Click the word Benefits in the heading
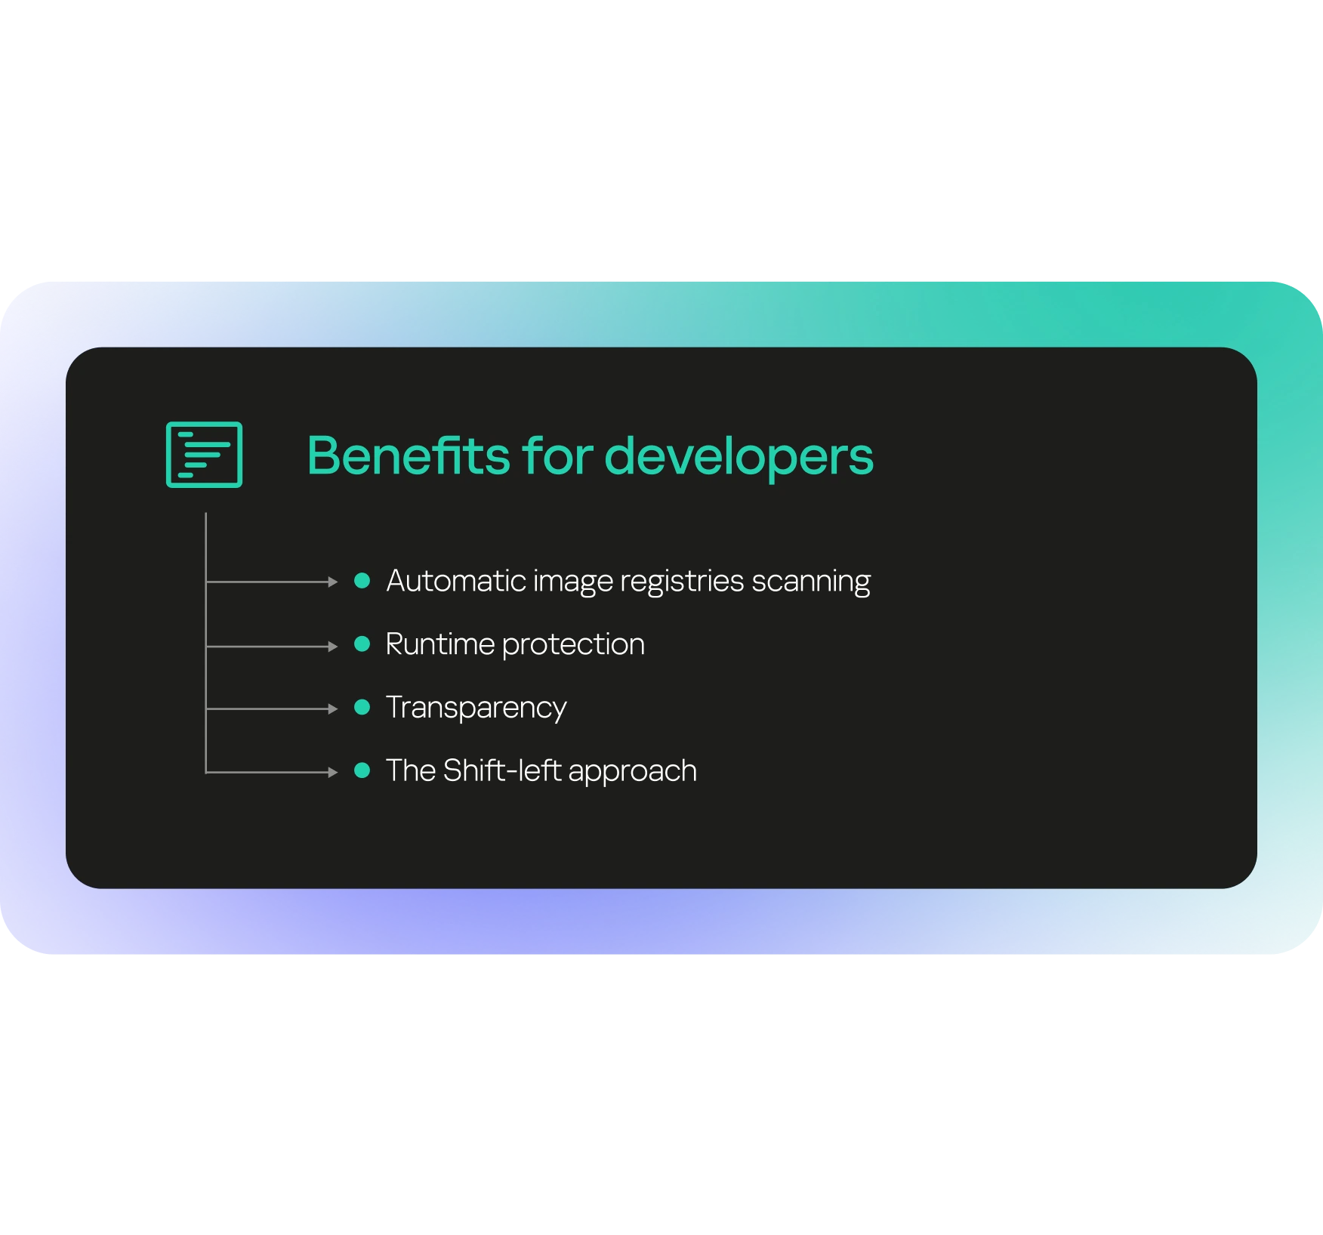(409, 455)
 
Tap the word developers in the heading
(739, 457)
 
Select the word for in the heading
(557, 455)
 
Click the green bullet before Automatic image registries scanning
(362, 580)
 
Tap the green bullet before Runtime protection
(362, 644)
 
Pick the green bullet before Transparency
(362, 707)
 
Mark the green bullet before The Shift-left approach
(362, 770)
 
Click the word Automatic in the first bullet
(456, 580)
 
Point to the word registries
(682, 581)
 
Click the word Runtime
(439, 644)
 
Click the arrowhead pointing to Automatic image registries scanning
(333, 582)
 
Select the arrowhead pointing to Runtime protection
(333, 647)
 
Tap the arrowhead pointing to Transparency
(333, 709)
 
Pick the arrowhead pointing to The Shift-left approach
(333, 772)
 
